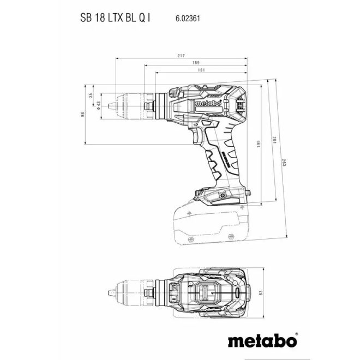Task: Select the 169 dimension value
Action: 196,63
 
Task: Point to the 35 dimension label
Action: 91,96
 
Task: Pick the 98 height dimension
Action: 83,115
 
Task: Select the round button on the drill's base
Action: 223,195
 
